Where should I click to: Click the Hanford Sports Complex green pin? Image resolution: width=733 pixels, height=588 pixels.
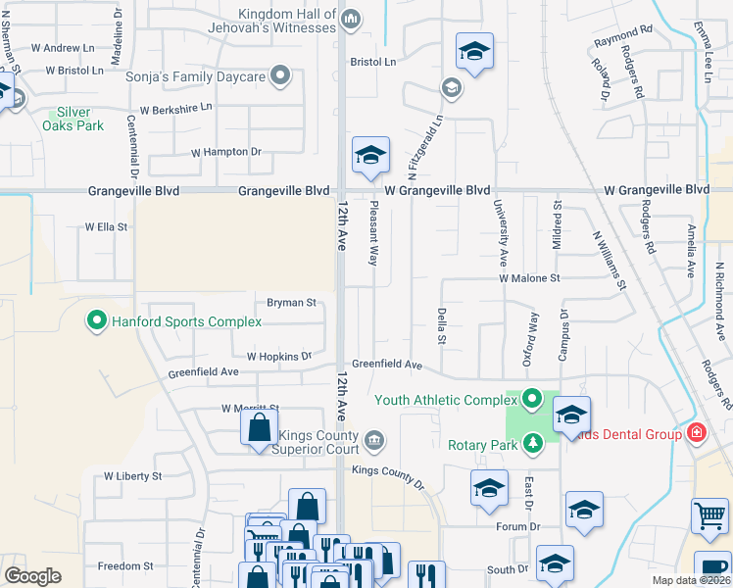pyautogui.click(x=97, y=320)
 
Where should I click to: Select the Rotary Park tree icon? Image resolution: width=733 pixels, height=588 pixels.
pyautogui.click(x=532, y=444)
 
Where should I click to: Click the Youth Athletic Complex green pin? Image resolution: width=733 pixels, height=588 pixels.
pyautogui.click(x=532, y=399)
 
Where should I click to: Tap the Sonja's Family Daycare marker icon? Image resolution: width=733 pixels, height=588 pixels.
pyautogui.click(x=280, y=75)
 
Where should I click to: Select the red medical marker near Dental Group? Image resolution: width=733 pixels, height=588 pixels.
pyautogui.click(x=697, y=432)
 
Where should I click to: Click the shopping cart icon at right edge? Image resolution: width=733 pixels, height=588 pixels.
pyautogui.click(x=709, y=515)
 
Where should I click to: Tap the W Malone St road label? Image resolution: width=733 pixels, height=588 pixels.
pyautogui.click(x=528, y=278)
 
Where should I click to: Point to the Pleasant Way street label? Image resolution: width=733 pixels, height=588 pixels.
pyautogui.click(x=373, y=235)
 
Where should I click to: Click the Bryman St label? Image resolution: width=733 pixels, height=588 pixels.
pyautogui.click(x=291, y=303)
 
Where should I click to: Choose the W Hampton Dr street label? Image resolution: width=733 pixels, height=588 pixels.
pyautogui.click(x=225, y=152)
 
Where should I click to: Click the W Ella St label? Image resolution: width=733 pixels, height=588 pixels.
pyautogui.click(x=106, y=226)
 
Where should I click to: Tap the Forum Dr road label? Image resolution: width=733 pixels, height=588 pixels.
pyautogui.click(x=519, y=526)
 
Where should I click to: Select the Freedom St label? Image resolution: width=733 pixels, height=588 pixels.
pyautogui.click(x=124, y=566)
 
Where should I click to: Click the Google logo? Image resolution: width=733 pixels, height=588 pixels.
pyautogui.click(x=32, y=576)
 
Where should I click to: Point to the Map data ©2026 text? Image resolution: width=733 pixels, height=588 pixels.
pyautogui.click(x=691, y=580)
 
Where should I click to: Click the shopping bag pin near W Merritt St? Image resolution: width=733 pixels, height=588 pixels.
pyautogui.click(x=259, y=428)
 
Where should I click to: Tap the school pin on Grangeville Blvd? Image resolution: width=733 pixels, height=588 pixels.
pyautogui.click(x=370, y=155)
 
